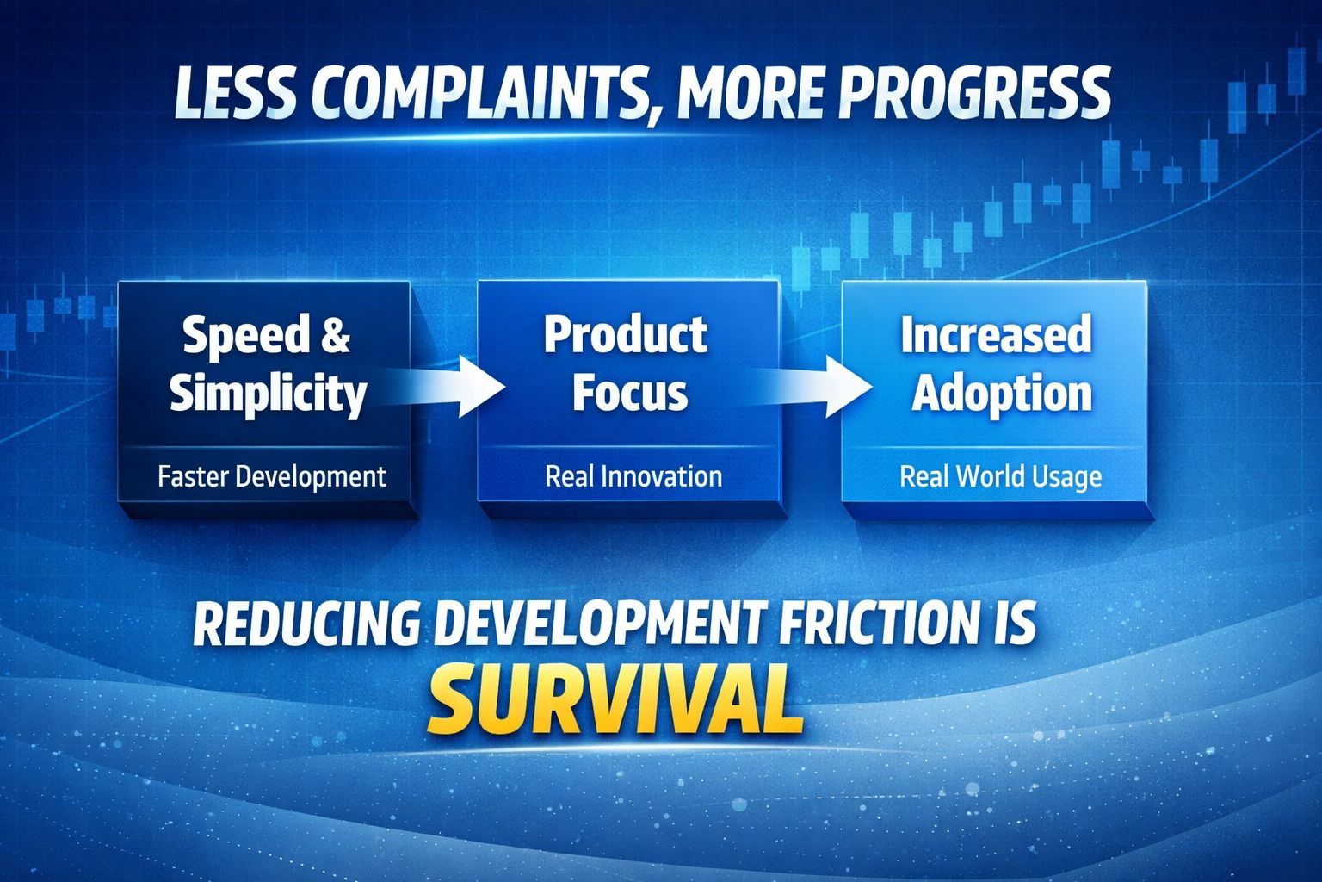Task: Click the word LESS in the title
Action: (234, 93)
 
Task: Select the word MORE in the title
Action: (750, 93)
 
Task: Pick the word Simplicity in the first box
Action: (269, 394)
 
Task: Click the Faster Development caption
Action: (272, 476)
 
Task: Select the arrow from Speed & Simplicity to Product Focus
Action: (440, 387)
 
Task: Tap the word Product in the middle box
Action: (626, 334)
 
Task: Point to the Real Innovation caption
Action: (633, 476)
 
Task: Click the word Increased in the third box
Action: (996, 334)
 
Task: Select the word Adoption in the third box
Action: (1002, 394)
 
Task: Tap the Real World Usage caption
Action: (1001, 477)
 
